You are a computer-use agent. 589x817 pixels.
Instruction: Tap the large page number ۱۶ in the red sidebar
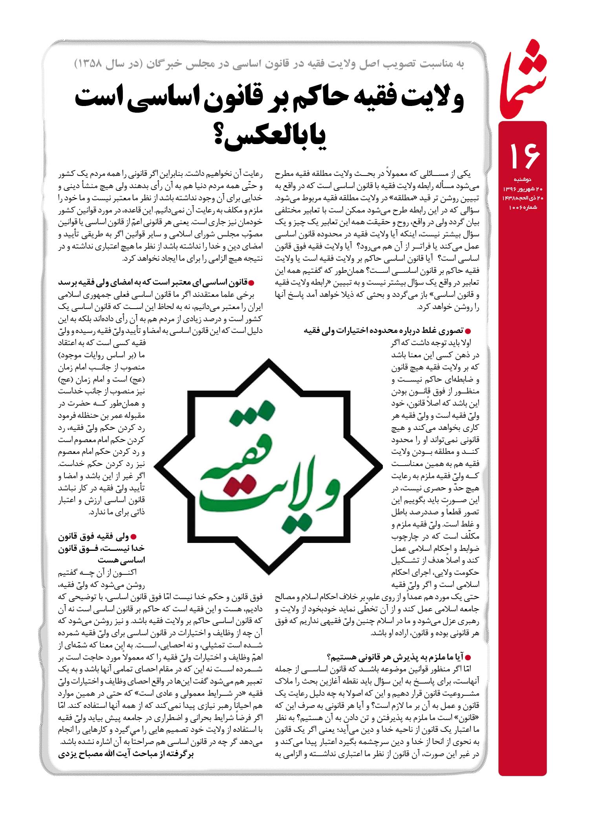click(x=525, y=155)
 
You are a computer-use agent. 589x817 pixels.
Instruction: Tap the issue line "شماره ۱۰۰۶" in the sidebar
click(x=523, y=207)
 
